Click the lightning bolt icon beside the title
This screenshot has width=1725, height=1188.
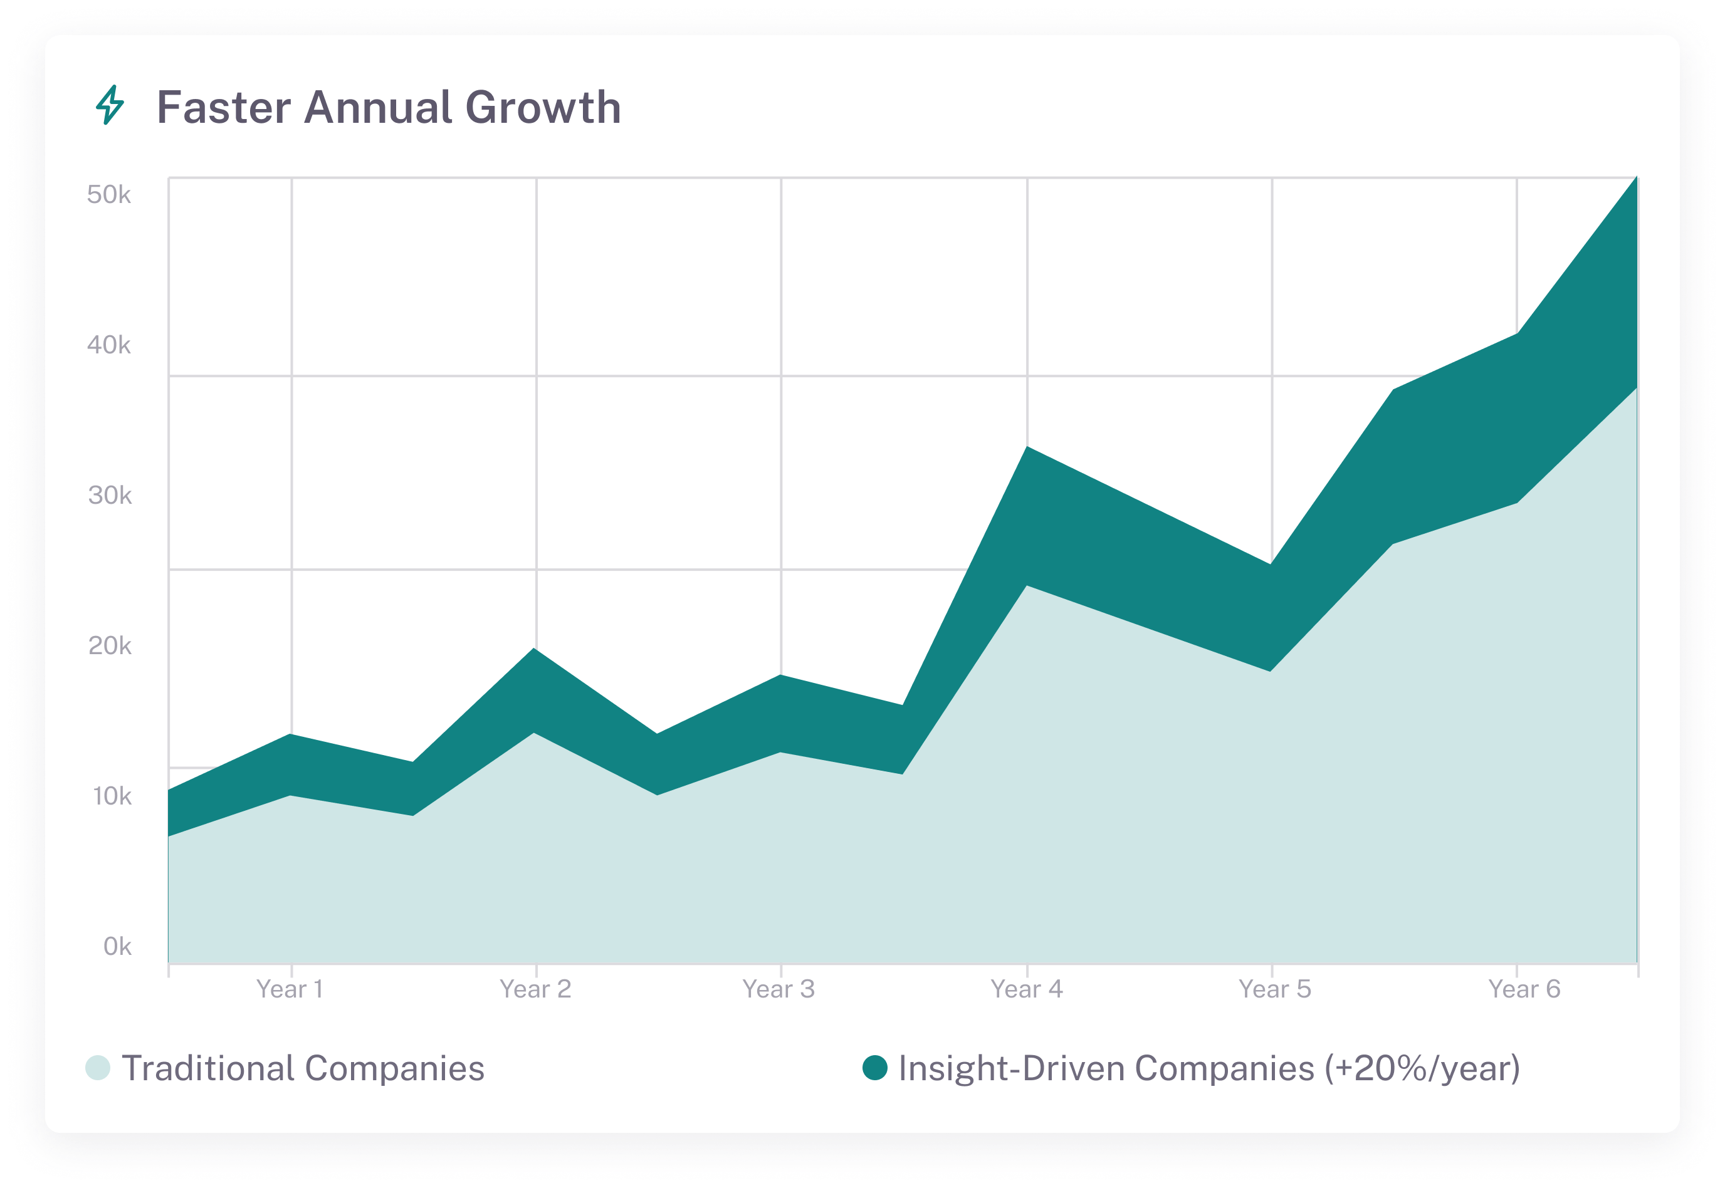[110, 105]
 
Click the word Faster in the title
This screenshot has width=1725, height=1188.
[223, 107]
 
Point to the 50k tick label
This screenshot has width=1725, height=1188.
[108, 195]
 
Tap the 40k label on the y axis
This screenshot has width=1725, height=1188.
[108, 345]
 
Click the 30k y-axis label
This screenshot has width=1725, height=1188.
[110, 496]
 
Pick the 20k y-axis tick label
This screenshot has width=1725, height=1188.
[110, 646]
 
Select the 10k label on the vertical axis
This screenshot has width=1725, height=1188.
[112, 796]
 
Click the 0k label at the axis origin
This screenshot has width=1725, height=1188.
[117, 947]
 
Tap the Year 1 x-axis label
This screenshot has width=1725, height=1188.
[290, 989]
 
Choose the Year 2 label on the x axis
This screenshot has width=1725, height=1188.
[535, 989]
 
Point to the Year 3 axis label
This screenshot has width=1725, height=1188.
[779, 989]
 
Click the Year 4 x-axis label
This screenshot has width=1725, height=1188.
[1027, 989]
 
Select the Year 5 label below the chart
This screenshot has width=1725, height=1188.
[1274, 989]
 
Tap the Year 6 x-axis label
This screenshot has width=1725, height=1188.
[1524, 989]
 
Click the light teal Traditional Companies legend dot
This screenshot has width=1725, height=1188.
[98, 1068]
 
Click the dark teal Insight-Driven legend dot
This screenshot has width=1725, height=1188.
[875, 1068]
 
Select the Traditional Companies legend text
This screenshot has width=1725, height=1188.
[303, 1068]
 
